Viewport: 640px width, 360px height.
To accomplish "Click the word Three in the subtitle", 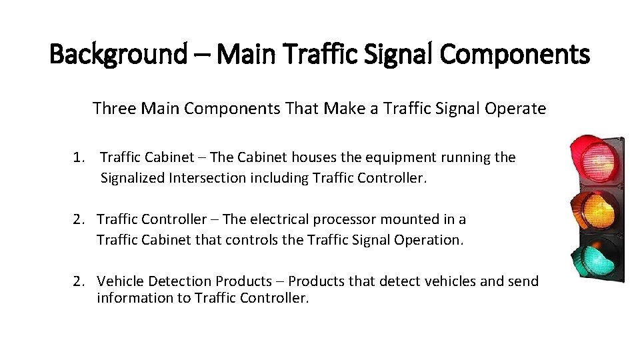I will (x=113, y=109).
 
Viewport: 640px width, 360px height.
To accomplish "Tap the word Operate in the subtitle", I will (x=519, y=109).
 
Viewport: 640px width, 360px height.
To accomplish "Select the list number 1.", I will (x=79, y=158).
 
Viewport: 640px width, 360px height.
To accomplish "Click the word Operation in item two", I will (x=429, y=239).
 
